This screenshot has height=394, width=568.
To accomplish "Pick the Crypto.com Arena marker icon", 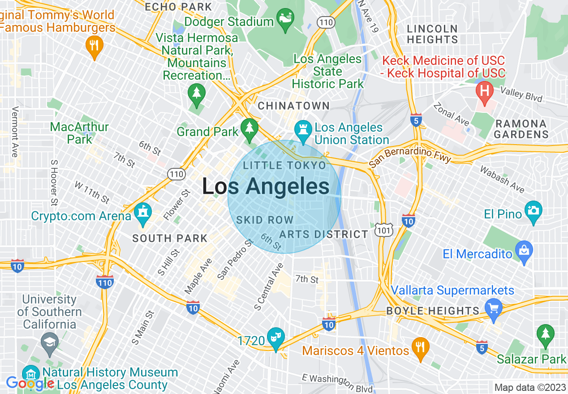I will pos(143,214).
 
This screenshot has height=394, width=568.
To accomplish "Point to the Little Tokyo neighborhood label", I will pos(284,166).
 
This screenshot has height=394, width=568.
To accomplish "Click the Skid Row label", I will pos(264,220).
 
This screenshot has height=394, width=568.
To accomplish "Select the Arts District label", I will pos(323,234).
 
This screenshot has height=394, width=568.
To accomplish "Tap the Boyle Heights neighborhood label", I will pos(433,311).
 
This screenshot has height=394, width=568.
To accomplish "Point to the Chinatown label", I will pos(293,106).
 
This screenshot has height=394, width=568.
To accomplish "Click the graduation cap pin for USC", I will pos(49,343).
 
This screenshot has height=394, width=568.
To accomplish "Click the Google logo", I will pos(30,383).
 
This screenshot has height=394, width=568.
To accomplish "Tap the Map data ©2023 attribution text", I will pos(529,387).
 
